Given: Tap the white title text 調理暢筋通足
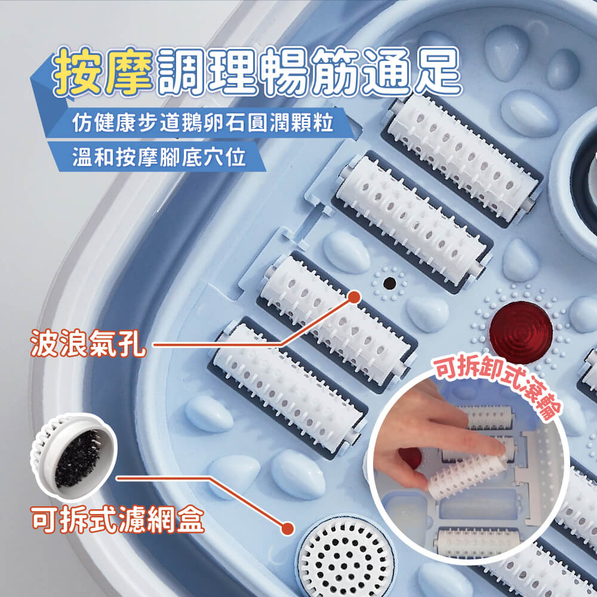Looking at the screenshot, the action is pyautogui.click(x=309, y=72).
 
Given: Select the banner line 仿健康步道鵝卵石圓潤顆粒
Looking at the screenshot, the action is pyautogui.click(x=203, y=122).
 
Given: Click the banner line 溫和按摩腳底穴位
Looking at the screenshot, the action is pyautogui.click(x=159, y=156).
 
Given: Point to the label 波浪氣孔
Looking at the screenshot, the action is pyautogui.click(x=88, y=343).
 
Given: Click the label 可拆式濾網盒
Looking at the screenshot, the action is pyautogui.click(x=118, y=519).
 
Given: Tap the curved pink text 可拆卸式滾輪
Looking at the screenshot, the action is pyautogui.click(x=498, y=386).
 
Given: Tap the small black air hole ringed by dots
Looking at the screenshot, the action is pyautogui.click(x=389, y=283).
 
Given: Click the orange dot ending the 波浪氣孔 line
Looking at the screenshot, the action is pyautogui.click(x=355, y=297).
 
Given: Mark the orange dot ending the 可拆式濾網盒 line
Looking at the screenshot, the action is pyautogui.click(x=288, y=528).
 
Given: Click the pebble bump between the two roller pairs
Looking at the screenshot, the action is pyautogui.click(x=346, y=251).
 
